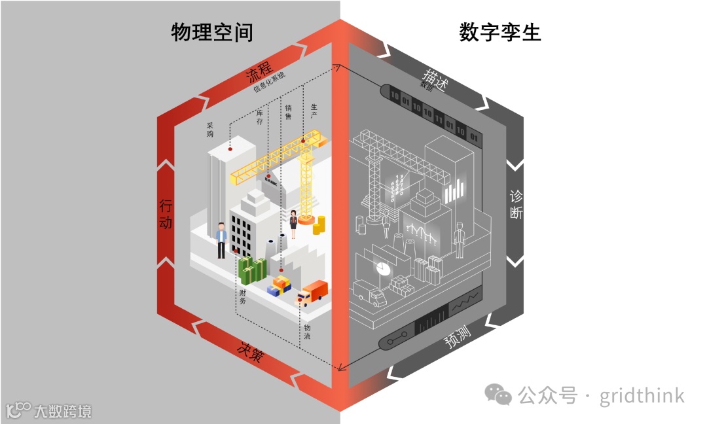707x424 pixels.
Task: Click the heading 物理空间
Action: [x=211, y=32]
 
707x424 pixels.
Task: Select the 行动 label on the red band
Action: [x=166, y=214]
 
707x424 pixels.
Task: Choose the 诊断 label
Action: [x=517, y=205]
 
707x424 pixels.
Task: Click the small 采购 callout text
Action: [x=210, y=129]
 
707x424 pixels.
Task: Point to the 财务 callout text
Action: [x=242, y=296]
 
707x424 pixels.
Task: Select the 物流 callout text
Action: [x=307, y=332]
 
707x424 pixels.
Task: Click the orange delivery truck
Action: [x=312, y=292]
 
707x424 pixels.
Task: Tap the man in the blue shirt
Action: [x=221, y=239]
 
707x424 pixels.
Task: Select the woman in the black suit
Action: [x=293, y=224]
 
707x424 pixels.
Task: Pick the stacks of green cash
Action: [x=252, y=270]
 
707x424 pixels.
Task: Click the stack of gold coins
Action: [x=318, y=226]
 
